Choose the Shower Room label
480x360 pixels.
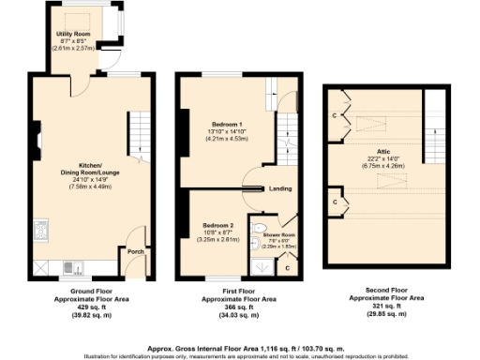click(277, 234)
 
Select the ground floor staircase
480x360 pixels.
click(138, 133)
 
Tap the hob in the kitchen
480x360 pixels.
click(41, 229)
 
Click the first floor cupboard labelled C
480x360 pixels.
click(287, 268)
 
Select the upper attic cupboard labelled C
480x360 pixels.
click(335, 115)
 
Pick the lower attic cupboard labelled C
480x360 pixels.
click(335, 201)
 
